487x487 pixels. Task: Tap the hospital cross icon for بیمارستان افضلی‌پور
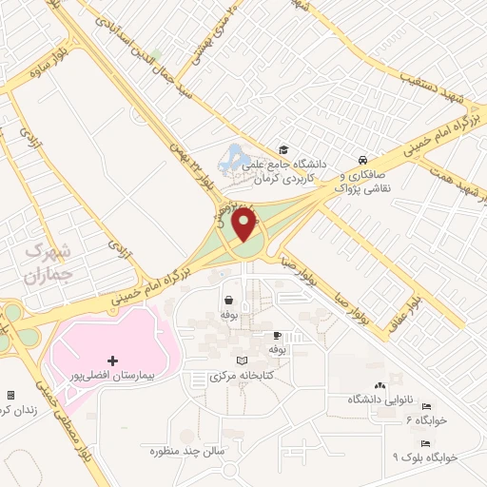click(113, 360)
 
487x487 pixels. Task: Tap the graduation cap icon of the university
click(282, 150)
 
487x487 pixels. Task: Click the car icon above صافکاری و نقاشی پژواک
click(362, 160)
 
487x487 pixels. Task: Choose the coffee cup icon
click(277, 336)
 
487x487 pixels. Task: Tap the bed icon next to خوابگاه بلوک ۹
click(425, 443)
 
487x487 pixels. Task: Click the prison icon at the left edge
click(10, 394)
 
